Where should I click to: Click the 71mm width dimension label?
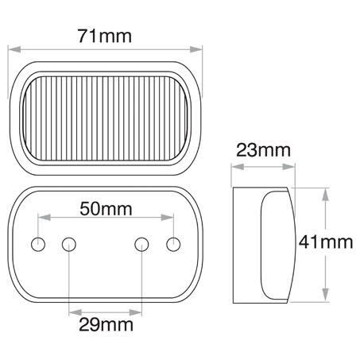coord(106,36)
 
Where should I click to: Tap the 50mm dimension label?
coord(106,209)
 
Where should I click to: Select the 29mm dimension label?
coord(106,324)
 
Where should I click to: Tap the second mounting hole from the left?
coord(70,242)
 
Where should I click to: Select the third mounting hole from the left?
coord(142,242)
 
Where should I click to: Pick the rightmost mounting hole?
coord(174,242)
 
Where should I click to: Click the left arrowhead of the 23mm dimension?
coord(234,167)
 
